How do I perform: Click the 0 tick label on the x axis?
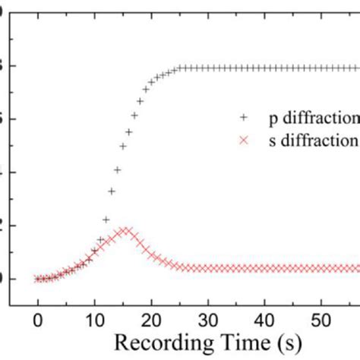point(37,317)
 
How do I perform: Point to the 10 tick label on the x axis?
point(94,317)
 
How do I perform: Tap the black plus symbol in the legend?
point(242,118)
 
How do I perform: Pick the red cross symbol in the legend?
point(242,141)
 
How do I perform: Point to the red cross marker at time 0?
point(37,279)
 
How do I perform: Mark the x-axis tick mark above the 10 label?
point(94,302)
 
